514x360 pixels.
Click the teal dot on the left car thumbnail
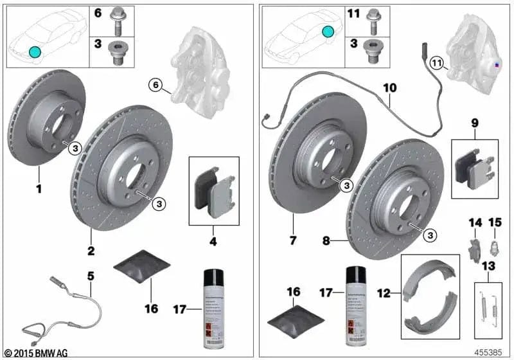(x=35, y=52)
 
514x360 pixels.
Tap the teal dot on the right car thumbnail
(x=329, y=31)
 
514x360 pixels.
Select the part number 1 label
(x=39, y=190)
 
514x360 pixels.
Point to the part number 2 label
(x=91, y=250)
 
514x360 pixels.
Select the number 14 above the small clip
(x=474, y=223)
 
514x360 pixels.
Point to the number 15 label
(x=495, y=223)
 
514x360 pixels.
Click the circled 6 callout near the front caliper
(x=154, y=84)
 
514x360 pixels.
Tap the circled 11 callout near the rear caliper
(x=437, y=63)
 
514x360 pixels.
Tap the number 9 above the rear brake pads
(x=475, y=122)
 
